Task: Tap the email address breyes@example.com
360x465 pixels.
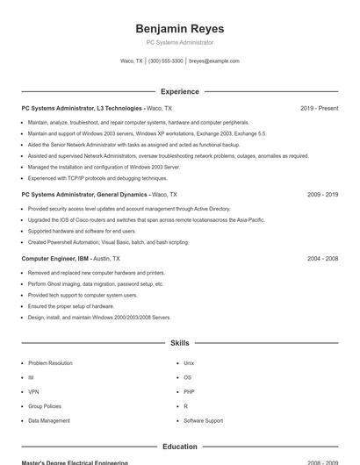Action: [x=213, y=61]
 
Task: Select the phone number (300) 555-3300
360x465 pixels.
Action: [x=166, y=61]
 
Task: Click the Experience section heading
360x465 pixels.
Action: [x=179, y=91]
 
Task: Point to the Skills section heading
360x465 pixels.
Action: [x=179, y=343]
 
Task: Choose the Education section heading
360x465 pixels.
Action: [x=179, y=447]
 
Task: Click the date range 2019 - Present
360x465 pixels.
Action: [x=319, y=108]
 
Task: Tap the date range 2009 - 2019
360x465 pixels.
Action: [x=322, y=194]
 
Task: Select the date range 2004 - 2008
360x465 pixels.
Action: [x=322, y=259]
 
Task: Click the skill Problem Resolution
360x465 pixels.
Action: [x=50, y=362]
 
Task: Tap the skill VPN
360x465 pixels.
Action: [x=33, y=391]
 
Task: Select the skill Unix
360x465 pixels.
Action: [x=189, y=362]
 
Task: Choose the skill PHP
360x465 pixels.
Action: [x=189, y=391]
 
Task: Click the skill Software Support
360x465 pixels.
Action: [x=203, y=420]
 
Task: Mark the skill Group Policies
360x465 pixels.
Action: [x=45, y=406]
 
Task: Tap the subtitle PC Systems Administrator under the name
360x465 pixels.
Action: [x=179, y=42]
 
